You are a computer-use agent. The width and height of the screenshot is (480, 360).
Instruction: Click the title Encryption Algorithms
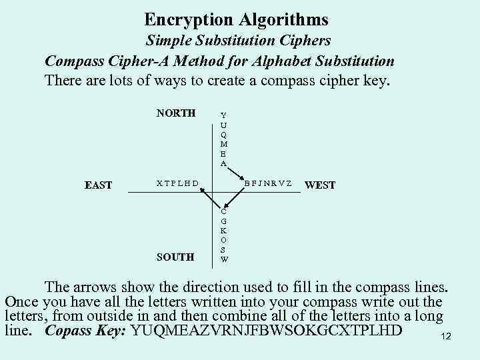click(x=236, y=20)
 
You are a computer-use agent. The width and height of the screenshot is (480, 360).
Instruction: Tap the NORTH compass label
click(x=176, y=113)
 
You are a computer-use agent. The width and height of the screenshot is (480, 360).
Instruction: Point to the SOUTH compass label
click(x=175, y=257)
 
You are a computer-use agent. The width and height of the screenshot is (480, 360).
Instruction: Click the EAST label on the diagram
click(x=98, y=185)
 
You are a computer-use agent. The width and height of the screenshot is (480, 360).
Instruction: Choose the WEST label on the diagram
click(x=320, y=185)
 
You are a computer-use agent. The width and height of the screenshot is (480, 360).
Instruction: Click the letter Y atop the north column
click(x=223, y=115)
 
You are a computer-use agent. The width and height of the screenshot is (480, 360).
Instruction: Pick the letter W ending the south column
click(x=224, y=259)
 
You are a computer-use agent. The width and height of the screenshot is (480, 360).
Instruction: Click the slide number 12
click(x=446, y=337)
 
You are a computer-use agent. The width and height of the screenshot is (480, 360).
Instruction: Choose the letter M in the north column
click(x=223, y=144)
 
